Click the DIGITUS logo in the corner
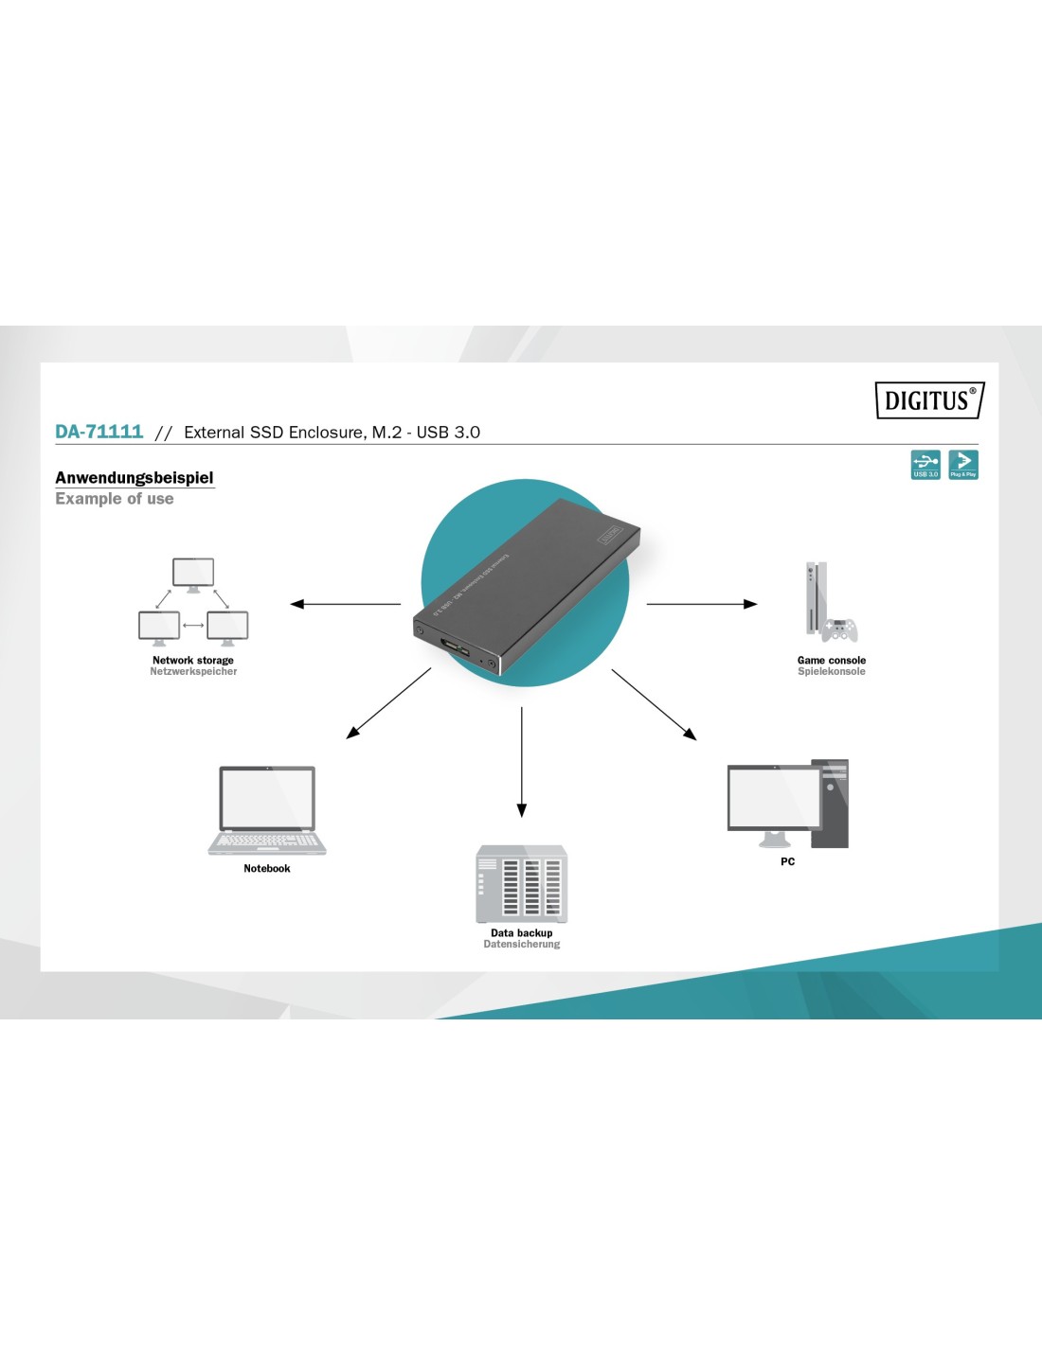tap(929, 400)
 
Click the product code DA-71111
tap(99, 432)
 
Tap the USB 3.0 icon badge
tap(925, 465)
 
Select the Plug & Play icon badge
tap(963, 465)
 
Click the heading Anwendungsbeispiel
tap(135, 478)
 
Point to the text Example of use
tap(115, 499)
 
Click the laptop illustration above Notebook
tap(267, 810)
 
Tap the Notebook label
tap(267, 869)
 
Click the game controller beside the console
tap(840, 629)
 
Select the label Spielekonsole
tap(832, 672)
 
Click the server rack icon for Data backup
tap(521, 884)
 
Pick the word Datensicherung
tap(521, 945)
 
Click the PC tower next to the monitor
tap(831, 803)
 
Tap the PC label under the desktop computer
tap(787, 862)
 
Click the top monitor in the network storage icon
tap(193, 574)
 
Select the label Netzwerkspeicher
tap(193, 672)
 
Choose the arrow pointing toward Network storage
tap(345, 604)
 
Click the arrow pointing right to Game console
tap(702, 604)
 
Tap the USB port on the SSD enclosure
tap(455, 650)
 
